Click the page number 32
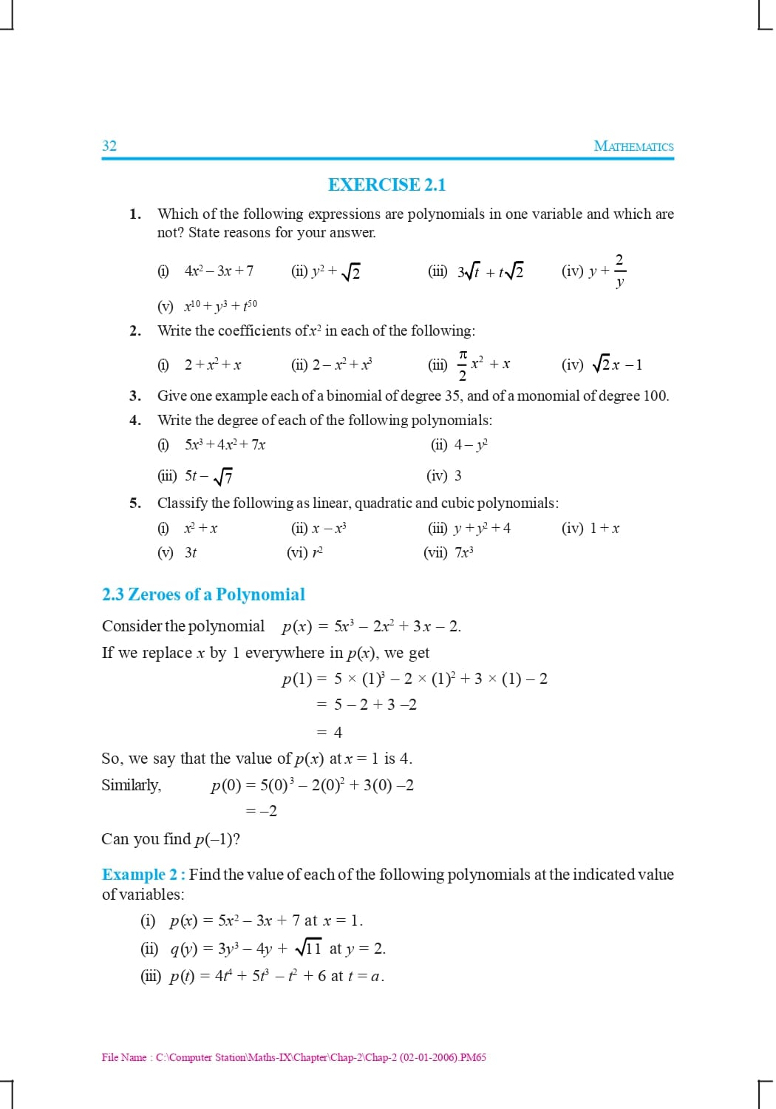tap(109, 146)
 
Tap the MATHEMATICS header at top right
tap(633, 146)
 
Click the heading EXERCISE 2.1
tap(387, 185)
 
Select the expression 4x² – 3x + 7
tap(219, 271)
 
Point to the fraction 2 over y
tap(619, 271)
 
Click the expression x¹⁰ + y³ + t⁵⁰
tap(220, 305)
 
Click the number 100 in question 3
tap(655, 396)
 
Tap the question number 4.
tap(135, 421)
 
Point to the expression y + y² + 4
tap(482, 529)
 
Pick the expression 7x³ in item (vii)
tap(464, 553)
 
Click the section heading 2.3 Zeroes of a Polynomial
tap(203, 594)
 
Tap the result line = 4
tap(330, 733)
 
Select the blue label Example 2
tap(143, 875)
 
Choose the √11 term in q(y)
tap(308, 949)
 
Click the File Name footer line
tap(293, 1057)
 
